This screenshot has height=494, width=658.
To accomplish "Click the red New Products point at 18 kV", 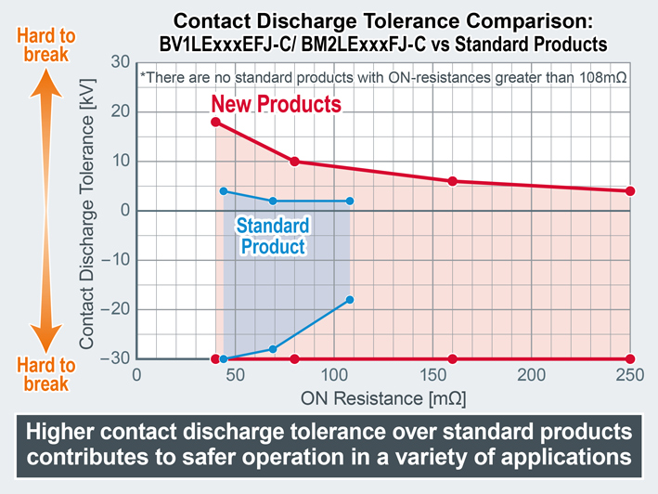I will coord(215,122).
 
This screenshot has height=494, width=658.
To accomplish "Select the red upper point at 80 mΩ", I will coord(294,162).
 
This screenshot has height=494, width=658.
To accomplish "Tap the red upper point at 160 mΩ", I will coord(453,181).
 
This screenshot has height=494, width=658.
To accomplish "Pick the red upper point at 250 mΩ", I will coord(630,191).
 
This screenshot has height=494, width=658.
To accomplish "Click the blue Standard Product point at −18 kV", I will coord(350,299).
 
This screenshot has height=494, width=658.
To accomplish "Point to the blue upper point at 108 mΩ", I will coord(350,201).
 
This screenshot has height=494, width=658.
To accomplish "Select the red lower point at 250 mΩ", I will coord(630,358).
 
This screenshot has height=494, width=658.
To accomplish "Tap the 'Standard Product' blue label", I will coord(272,236).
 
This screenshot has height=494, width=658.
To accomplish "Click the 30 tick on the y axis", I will coord(119,62).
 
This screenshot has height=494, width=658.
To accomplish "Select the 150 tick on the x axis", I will coord(432,376).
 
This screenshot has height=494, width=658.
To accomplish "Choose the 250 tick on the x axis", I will coord(630,376).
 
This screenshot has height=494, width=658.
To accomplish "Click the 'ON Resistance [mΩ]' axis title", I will coord(382,398).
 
